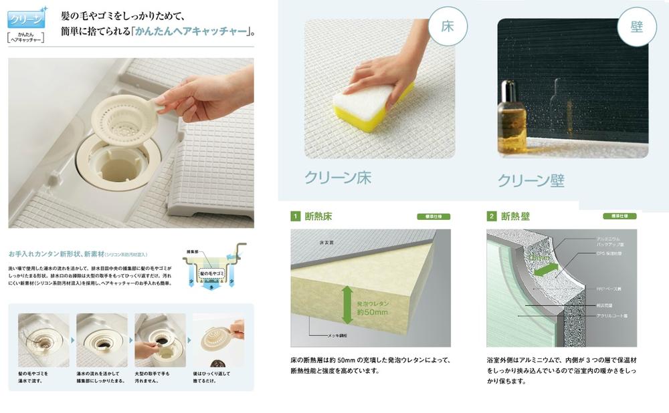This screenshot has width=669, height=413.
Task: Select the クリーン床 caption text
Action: pos(337,178)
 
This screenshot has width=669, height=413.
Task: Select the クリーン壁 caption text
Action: pos(531,180)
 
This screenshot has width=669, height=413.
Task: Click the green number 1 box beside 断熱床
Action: pos(294,217)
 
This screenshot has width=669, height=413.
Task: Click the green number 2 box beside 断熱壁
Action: pos(492,217)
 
